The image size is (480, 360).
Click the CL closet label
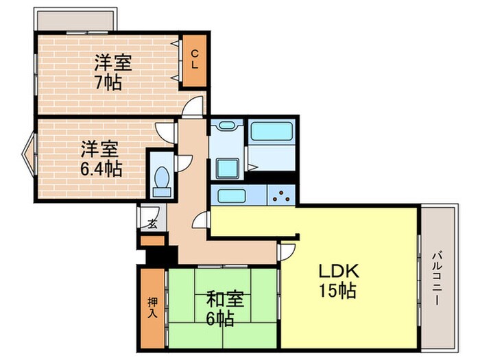point(195,60)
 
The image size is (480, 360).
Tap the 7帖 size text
point(108,82)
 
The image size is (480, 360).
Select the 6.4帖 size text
point(101,169)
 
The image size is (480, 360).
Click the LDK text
point(339,271)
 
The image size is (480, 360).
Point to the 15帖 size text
point(337,291)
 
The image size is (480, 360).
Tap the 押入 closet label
point(153,307)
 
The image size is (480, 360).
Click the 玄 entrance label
point(152,224)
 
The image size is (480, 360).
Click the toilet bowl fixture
point(162,181)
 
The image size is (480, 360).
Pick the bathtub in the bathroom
point(272,132)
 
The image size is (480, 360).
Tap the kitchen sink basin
point(232,195)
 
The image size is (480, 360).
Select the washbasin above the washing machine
point(227,125)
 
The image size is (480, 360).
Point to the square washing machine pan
point(228,169)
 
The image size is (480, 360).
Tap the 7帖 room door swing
point(193,106)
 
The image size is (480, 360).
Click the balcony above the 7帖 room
point(76,20)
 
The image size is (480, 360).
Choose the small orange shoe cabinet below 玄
point(153,240)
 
